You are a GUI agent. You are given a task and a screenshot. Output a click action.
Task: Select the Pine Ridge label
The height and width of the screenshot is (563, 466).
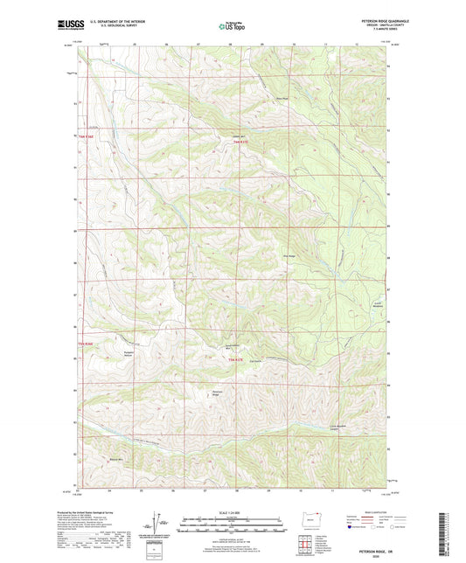coord(289,255)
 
